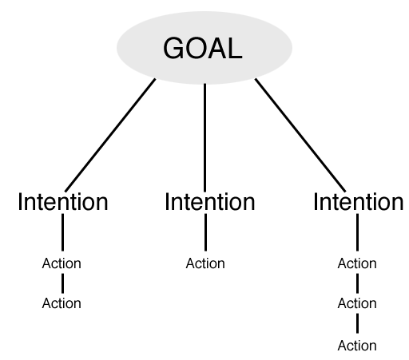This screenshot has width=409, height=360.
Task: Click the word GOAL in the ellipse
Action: (203, 48)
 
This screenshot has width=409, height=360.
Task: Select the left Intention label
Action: (63, 202)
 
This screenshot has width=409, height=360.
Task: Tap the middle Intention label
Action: (210, 202)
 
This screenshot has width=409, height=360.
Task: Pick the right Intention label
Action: (358, 202)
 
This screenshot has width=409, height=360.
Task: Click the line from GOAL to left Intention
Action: (110, 135)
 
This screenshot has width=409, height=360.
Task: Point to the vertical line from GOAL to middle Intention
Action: (204, 137)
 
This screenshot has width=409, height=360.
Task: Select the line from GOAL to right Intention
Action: (300, 135)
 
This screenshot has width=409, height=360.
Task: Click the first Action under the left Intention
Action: (62, 263)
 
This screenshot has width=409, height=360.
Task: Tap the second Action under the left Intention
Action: (62, 303)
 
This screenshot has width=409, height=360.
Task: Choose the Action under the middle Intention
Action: (205, 263)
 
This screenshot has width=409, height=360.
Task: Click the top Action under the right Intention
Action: (357, 263)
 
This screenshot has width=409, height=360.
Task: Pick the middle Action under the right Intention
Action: (357, 303)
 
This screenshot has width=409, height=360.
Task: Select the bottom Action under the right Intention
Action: (357, 346)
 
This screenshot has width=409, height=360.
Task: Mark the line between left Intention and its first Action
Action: (62, 232)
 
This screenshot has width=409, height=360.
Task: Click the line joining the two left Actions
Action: (62, 283)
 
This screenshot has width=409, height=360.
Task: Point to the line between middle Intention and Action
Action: (205, 232)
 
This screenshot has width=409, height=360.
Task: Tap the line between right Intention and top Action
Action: (357, 232)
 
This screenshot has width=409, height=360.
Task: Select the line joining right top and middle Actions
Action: (357, 283)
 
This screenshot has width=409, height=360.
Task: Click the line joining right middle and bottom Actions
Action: (357, 323)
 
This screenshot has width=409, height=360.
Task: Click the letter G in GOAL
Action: (173, 48)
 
